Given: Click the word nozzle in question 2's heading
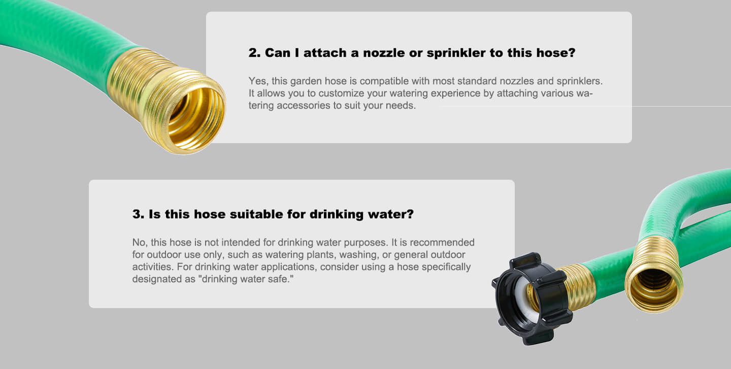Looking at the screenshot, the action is (x=384, y=53).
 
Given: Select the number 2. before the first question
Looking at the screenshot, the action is (x=254, y=53).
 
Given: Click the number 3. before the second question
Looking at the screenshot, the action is (x=139, y=214).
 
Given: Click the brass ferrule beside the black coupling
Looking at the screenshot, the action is (x=578, y=286).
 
